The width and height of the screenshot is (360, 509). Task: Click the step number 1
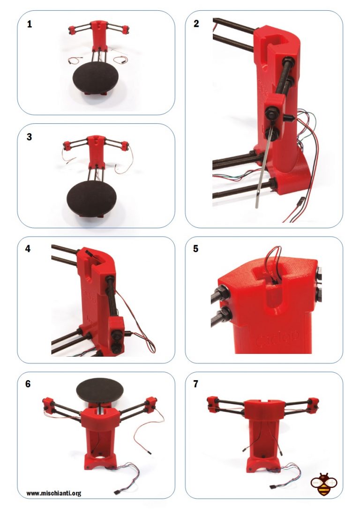[x=30, y=24]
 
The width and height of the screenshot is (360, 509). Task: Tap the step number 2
[x=196, y=24]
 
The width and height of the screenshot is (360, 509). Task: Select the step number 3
[x=29, y=137]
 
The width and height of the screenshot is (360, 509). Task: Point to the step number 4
[x=28, y=249]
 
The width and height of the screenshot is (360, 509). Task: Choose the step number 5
[x=195, y=249]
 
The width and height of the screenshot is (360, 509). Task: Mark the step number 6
[x=28, y=384]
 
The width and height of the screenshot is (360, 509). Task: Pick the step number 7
[x=195, y=384]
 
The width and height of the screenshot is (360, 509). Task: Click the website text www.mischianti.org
[x=54, y=494]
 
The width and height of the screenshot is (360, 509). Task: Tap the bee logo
[x=323, y=484]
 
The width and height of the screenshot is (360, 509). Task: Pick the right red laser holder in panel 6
[x=150, y=405]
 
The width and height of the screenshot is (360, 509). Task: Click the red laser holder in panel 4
[x=116, y=336]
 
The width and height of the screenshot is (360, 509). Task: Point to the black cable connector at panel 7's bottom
[x=274, y=487]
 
